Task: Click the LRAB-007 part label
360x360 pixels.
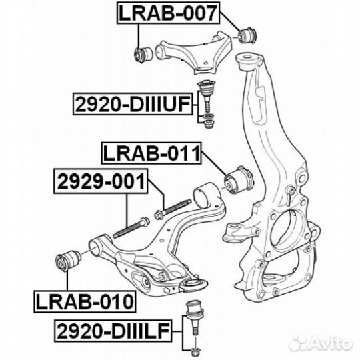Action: [x=168, y=13]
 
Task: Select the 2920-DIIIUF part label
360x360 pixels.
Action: [x=133, y=104]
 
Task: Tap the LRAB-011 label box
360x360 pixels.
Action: [x=151, y=153]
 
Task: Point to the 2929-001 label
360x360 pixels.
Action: [x=101, y=181]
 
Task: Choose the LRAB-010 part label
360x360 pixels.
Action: [x=85, y=301]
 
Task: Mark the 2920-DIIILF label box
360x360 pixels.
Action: [x=113, y=331]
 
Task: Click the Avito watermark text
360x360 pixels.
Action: [x=320, y=344]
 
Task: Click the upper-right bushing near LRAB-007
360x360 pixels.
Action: [x=248, y=35]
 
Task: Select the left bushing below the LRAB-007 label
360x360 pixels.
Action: [x=143, y=55]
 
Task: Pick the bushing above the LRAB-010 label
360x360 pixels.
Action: [x=68, y=261]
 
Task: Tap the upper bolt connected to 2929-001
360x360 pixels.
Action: [x=173, y=209]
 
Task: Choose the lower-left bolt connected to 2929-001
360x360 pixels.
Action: [x=131, y=227]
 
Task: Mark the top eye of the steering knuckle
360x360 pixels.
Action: [x=247, y=61]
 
